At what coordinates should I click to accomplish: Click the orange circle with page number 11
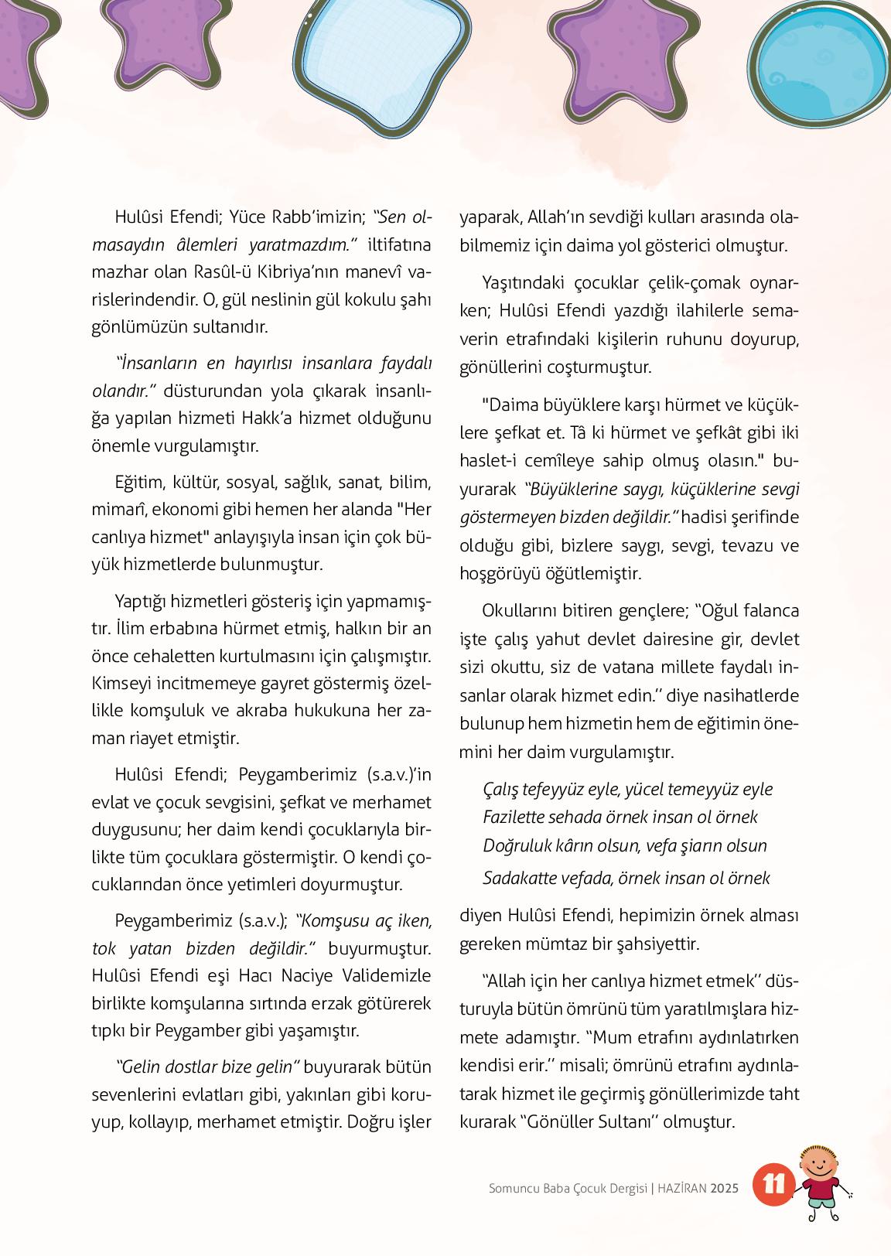pyautogui.click(x=773, y=1186)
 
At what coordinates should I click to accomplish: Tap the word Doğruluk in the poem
pyautogui.click(x=515, y=845)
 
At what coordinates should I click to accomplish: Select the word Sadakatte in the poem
pyautogui.click(x=519, y=878)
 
